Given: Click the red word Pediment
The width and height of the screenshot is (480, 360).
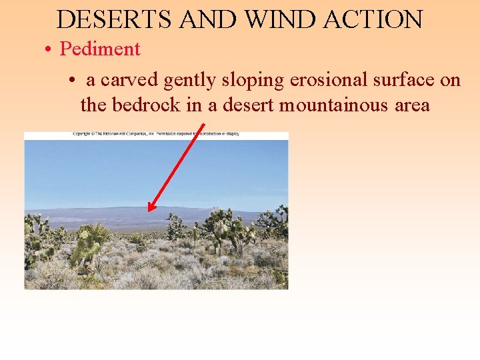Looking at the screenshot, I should [x=100, y=49].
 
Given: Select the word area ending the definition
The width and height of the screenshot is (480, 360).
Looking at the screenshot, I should [x=407, y=106].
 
